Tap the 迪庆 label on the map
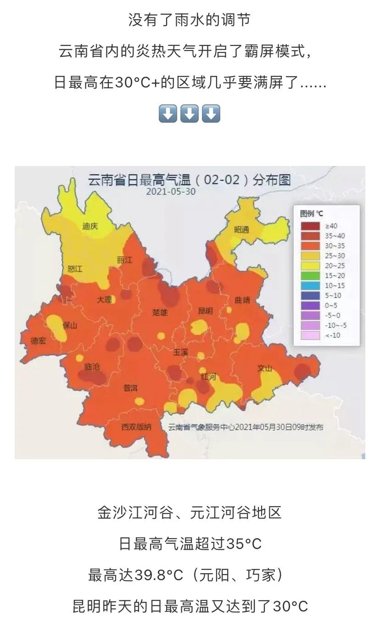(x=90, y=226)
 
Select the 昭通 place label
(x=241, y=230)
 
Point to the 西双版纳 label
(x=136, y=427)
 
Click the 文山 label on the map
(x=264, y=368)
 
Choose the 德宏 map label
(x=38, y=341)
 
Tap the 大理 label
(x=104, y=300)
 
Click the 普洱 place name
(x=130, y=388)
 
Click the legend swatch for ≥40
(x=310, y=226)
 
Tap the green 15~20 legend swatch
(x=310, y=276)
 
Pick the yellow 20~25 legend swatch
(x=310, y=266)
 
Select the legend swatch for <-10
(x=310, y=336)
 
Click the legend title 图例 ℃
(x=312, y=214)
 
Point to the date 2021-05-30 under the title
(x=171, y=192)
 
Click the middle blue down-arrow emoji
(x=189, y=113)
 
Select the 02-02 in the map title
(x=222, y=180)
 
